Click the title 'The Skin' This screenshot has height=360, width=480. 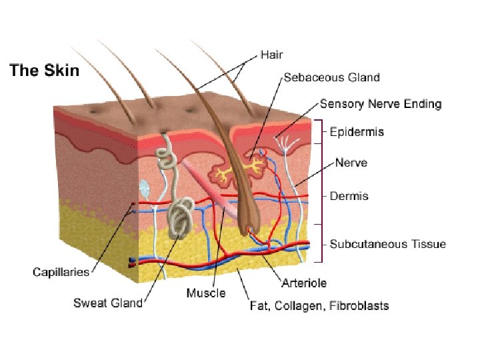[x=44, y=71]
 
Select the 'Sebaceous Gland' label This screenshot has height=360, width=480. [x=331, y=77]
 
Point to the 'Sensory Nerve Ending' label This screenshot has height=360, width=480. [x=380, y=104]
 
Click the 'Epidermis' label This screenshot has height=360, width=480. [x=357, y=132]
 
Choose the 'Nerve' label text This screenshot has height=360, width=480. [x=351, y=163]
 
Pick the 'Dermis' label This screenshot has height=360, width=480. [x=349, y=196]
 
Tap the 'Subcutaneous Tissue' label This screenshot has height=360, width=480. [x=388, y=244]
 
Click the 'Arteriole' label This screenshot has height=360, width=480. [x=304, y=283]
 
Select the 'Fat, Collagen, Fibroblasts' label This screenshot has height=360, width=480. [x=319, y=306]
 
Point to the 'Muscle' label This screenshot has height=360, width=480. [x=206, y=293]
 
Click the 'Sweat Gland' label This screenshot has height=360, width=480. [x=108, y=303]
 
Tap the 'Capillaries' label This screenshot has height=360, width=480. [x=61, y=271]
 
